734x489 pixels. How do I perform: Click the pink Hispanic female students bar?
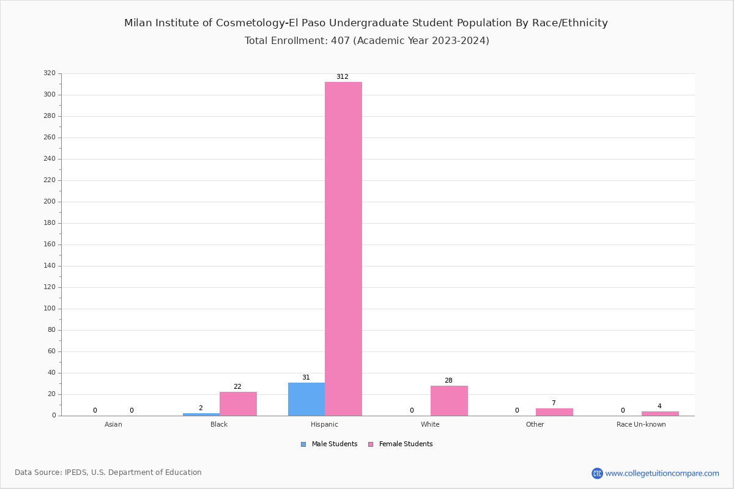click(x=343, y=249)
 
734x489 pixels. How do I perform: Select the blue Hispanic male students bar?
click(x=306, y=399)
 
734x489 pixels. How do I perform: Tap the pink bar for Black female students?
click(x=238, y=404)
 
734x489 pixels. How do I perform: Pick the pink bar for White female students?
click(x=449, y=401)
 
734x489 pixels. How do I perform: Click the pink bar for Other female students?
click(x=554, y=412)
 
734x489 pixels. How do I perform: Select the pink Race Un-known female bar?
click(x=660, y=414)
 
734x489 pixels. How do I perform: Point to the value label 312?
click(x=343, y=77)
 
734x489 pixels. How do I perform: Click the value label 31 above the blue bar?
click(x=306, y=378)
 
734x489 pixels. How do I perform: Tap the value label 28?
click(x=448, y=381)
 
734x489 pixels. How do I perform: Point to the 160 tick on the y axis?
click(x=50, y=244)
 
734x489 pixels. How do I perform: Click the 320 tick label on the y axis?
click(x=50, y=73)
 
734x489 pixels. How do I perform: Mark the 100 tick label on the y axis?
click(x=50, y=309)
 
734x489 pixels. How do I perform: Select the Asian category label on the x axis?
click(x=113, y=424)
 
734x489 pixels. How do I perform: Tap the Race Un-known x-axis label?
click(x=641, y=424)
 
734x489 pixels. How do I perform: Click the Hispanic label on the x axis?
click(x=324, y=424)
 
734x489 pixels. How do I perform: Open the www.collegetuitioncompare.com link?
click(x=662, y=473)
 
